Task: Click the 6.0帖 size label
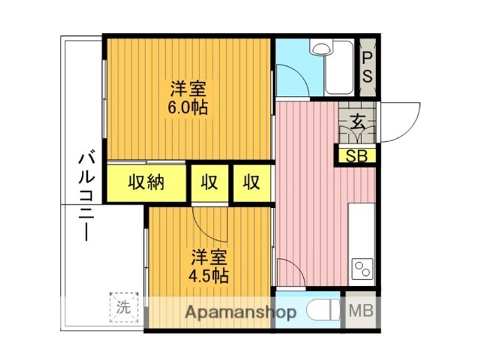(189, 107)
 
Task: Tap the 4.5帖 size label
(209, 276)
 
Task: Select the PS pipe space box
(367, 66)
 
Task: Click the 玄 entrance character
(358, 123)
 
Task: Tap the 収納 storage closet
(147, 182)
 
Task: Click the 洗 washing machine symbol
(124, 308)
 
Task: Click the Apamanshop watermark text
(241, 312)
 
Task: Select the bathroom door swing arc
(292, 80)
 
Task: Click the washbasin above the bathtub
(323, 48)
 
